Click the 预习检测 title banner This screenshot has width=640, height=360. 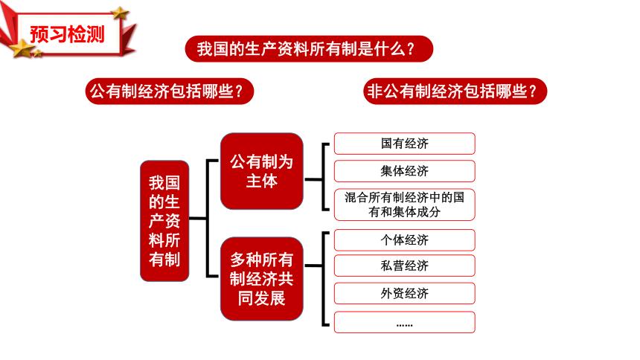pos(67,33)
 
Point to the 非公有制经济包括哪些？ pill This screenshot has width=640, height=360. pos(456,91)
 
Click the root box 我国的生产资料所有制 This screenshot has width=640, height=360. pos(164,220)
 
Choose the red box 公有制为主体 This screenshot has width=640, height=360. pos(261,170)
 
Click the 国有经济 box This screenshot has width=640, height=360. pos(404,144)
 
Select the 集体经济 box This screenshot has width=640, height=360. pos(404,171)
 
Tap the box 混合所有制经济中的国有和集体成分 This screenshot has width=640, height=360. pos(404,205)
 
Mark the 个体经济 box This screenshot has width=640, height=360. pos(404,240)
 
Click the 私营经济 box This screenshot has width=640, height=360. pos(404,266)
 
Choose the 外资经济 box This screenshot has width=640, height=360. pos(404,294)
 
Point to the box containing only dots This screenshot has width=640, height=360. pos(404,323)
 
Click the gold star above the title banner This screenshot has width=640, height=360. pos(119,13)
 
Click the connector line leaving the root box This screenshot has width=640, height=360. pos(198,219)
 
